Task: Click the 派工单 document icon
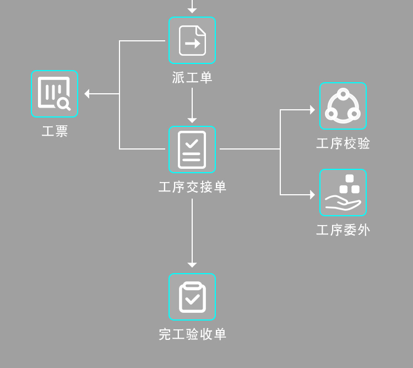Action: click(x=192, y=40)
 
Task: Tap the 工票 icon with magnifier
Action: click(x=55, y=94)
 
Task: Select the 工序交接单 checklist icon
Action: click(x=192, y=150)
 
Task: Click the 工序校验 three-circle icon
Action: click(x=343, y=106)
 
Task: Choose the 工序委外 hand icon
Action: click(x=343, y=193)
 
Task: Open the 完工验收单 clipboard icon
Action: click(x=192, y=297)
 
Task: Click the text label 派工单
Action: click(x=192, y=78)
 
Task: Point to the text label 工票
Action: click(x=55, y=131)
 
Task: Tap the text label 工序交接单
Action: click(x=192, y=187)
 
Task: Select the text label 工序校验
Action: click(x=343, y=143)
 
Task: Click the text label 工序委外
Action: click(x=343, y=230)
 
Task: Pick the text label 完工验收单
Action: click(x=192, y=334)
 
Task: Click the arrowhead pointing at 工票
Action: click(x=87, y=94)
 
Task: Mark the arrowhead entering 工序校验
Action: click(x=312, y=110)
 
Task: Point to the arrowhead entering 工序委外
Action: click(x=312, y=195)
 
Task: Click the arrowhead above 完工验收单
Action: click(x=192, y=265)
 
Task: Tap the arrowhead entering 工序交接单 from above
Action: click(x=192, y=120)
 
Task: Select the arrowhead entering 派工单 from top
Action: click(x=192, y=10)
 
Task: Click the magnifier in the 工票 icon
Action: click(x=64, y=103)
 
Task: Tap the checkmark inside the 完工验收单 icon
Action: click(x=192, y=300)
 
